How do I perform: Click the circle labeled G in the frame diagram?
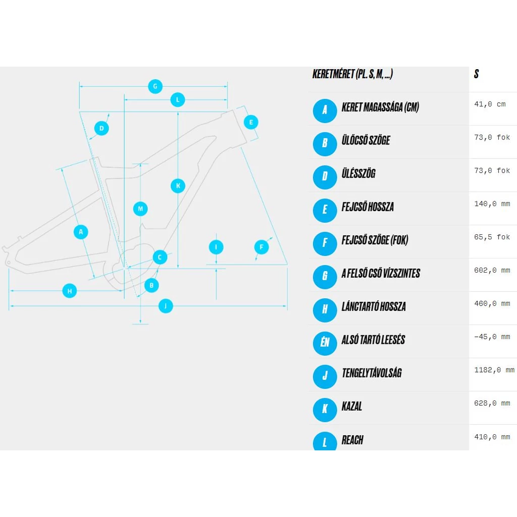[155, 86]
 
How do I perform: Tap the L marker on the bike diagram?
[177, 100]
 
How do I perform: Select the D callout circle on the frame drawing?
[101, 128]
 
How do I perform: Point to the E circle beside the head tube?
[251, 122]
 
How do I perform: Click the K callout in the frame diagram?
[178, 186]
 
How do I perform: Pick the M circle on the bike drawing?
[141, 209]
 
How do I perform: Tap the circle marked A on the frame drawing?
[81, 232]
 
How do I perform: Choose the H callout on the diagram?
[70, 291]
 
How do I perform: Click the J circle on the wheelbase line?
[166, 305]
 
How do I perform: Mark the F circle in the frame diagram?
[262, 247]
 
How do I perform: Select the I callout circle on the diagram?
[216, 247]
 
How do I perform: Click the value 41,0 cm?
[490, 105]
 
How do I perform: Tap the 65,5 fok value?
[492, 237]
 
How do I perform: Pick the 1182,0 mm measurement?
[494, 370]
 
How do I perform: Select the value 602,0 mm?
[492, 271]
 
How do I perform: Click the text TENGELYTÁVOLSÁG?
[372, 373]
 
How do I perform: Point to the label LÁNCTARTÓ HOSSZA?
[374, 306]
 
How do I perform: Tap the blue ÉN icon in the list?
[325, 343]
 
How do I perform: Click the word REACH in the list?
[352, 440]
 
